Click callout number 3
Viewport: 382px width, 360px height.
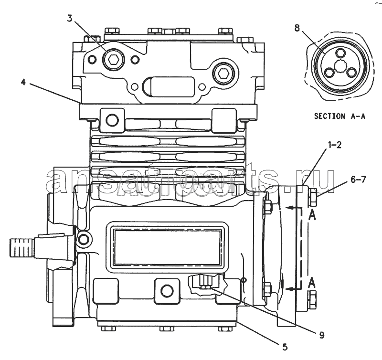(x=70, y=18)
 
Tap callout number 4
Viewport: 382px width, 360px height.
(x=23, y=82)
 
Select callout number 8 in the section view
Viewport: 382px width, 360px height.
(x=297, y=28)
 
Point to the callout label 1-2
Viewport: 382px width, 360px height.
(x=335, y=145)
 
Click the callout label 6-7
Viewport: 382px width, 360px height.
(x=358, y=180)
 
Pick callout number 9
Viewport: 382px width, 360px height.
(x=321, y=335)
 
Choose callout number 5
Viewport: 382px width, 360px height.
(x=285, y=347)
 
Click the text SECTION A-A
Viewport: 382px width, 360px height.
(x=340, y=116)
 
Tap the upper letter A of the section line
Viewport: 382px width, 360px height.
(x=312, y=215)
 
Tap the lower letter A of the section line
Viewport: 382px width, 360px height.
(x=312, y=283)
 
